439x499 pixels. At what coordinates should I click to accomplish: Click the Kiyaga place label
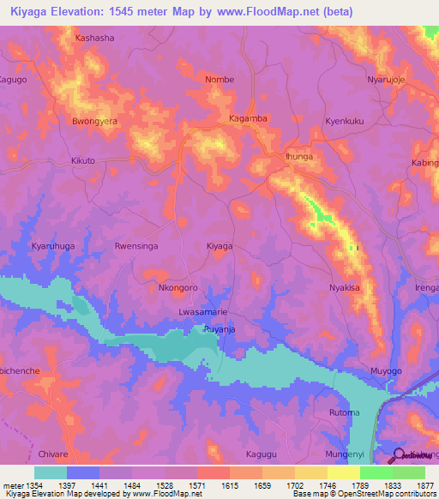[x=219, y=246]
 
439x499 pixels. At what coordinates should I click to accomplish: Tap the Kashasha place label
[x=94, y=39]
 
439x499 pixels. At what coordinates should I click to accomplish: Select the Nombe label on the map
[x=219, y=80]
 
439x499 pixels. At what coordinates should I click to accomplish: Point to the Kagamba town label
[x=249, y=117]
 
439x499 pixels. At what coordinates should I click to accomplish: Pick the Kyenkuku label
[x=345, y=121]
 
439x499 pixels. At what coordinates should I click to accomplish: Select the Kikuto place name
[x=83, y=161]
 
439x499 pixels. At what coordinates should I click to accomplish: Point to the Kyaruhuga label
[x=55, y=246]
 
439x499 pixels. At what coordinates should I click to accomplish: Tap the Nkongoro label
[x=178, y=288]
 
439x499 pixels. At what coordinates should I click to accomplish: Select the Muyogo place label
[x=386, y=371]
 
